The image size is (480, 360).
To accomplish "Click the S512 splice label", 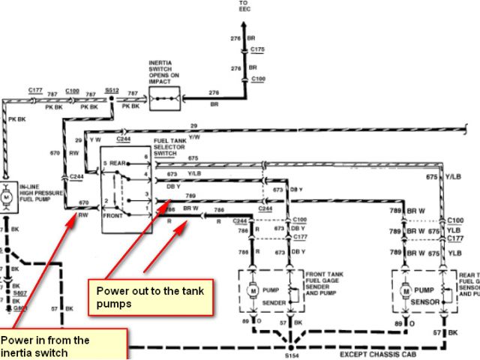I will click(112, 89).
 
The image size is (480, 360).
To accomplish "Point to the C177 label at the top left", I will click(35, 89).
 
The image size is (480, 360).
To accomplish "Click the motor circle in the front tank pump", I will click(253, 290).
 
